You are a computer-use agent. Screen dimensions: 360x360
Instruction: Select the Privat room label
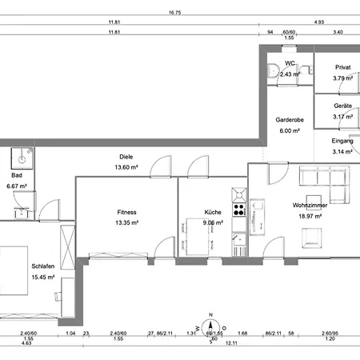coord(342,68)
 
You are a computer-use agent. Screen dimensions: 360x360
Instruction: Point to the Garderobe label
coord(289,118)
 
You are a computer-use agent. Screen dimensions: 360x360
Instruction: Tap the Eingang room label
coord(342,141)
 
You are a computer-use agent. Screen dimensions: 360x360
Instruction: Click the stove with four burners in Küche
coord(238,210)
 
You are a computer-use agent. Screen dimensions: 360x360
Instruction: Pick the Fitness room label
coord(127,213)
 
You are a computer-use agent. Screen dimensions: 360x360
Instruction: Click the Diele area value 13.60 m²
coord(127,167)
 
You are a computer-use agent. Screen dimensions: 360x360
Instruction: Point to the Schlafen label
coord(43,267)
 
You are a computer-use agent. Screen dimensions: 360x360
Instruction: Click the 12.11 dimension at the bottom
coord(231,342)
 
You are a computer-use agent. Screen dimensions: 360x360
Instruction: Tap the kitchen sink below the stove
coord(238,238)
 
